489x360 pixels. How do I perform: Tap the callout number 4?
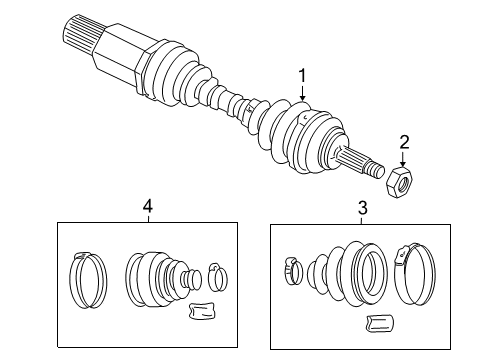point(147,207)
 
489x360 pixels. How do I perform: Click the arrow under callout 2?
point(403,158)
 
